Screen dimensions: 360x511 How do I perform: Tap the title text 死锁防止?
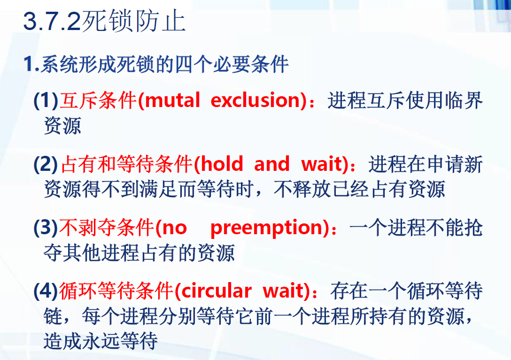pyautogui.click(x=134, y=22)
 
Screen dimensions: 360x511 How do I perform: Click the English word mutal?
pyautogui.click(x=172, y=100)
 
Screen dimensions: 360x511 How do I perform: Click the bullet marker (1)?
pyautogui.click(x=46, y=100)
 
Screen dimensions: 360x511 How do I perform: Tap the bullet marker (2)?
pyautogui.click(x=46, y=164)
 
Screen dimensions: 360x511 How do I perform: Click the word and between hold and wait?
pyautogui.click(x=272, y=164)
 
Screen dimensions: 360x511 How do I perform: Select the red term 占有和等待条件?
pyautogui.click(x=127, y=164)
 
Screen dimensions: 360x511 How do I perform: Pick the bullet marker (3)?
pyautogui.click(x=46, y=228)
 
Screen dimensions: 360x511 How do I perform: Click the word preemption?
pyautogui.click(x=268, y=228)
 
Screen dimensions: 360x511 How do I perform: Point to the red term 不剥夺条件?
pyautogui.click(x=107, y=228)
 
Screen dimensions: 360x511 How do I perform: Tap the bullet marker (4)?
pyautogui.click(x=46, y=291)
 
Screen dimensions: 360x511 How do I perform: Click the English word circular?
pyautogui.click(x=217, y=291)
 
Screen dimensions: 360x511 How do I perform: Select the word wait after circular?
pyautogui.click(x=284, y=291)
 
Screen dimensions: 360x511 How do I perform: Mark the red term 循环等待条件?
pyautogui.click(x=116, y=291)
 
